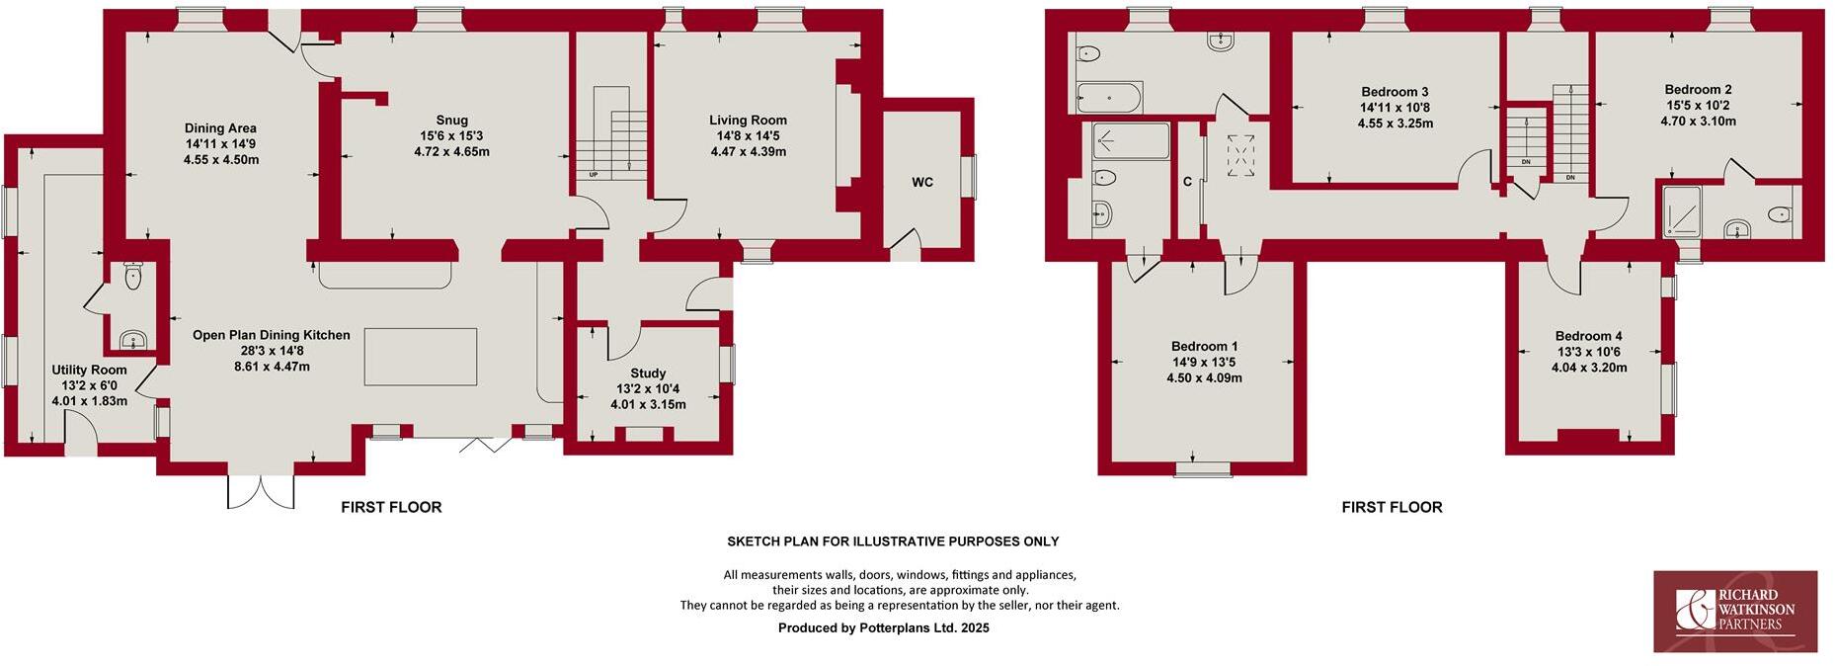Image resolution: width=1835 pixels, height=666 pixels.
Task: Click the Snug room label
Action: click(451, 121)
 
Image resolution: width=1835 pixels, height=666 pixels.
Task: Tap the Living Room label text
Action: click(748, 121)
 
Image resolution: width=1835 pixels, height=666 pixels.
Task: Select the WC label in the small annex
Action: click(921, 183)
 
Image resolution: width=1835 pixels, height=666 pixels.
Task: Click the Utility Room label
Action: click(89, 371)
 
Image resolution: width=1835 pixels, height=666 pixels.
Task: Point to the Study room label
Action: click(648, 374)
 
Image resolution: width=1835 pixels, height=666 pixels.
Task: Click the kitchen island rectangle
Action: click(421, 357)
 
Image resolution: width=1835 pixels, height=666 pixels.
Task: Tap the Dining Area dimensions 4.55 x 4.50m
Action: click(220, 160)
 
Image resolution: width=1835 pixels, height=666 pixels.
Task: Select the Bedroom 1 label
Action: click(1204, 347)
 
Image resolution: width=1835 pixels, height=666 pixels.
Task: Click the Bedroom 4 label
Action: click(1588, 337)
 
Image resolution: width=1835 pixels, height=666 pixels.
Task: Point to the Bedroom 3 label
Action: click(1395, 93)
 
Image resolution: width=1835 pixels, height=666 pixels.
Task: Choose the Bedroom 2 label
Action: click(1697, 90)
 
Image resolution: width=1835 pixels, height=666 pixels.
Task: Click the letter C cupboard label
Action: click(1188, 182)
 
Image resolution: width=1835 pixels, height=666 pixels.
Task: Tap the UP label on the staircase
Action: click(594, 176)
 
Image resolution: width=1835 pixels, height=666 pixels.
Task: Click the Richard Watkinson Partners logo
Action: click(1735, 611)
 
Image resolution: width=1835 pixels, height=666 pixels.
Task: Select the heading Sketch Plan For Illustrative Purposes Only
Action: click(893, 541)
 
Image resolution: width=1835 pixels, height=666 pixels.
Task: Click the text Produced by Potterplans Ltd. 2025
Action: click(883, 627)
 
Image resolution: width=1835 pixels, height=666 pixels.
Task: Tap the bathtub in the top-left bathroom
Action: click(1108, 98)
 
